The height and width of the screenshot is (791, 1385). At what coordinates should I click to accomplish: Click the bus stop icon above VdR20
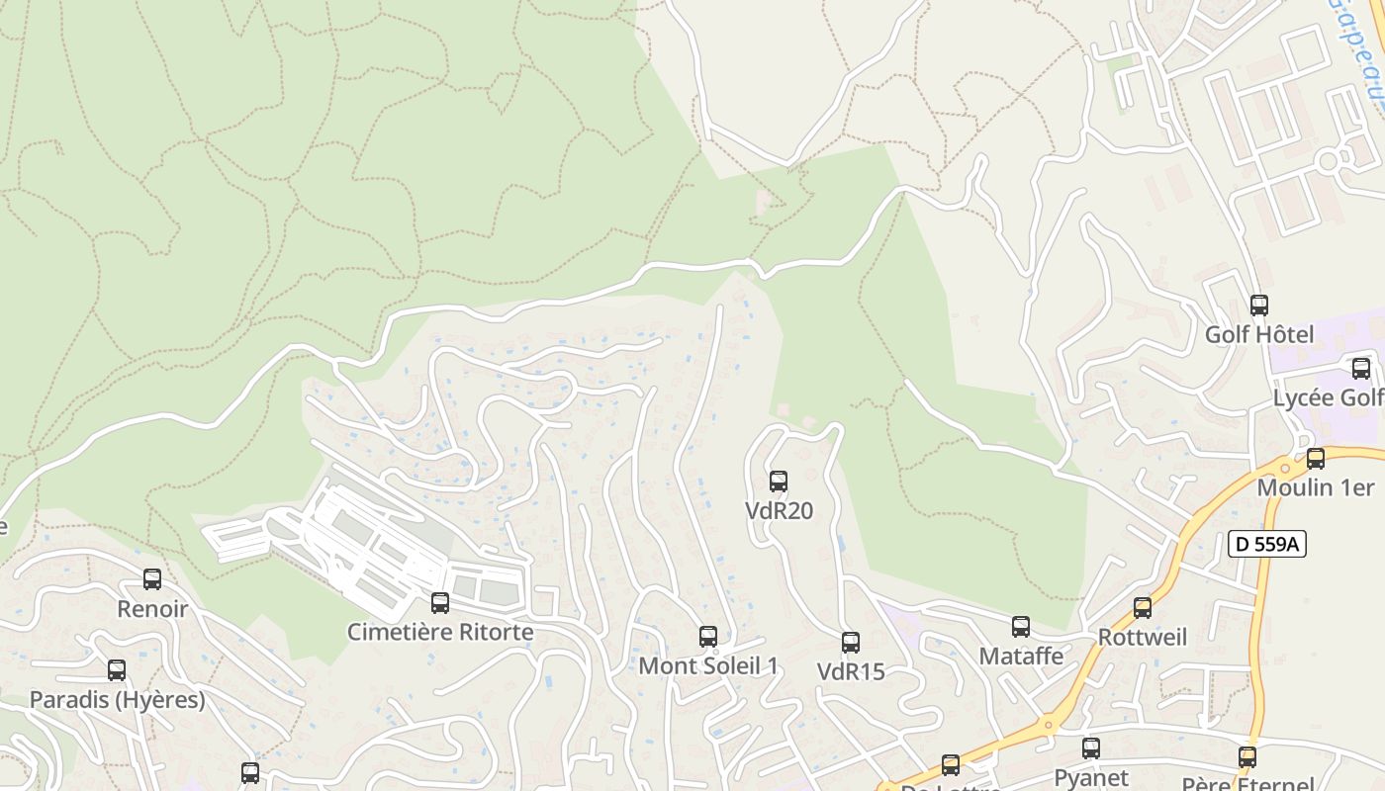click(779, 482)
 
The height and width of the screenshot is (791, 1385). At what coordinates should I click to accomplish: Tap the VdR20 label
click(779, 511)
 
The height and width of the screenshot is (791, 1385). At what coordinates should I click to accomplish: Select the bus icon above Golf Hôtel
click(1259, 306)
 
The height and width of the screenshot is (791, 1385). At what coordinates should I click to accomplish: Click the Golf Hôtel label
click(1259, 335)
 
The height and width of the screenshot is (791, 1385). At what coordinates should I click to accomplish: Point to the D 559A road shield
click(1267, 544)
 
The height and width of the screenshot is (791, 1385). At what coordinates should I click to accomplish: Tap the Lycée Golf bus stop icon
click(1361, 369)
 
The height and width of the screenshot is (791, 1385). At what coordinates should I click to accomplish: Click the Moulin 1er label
click(1315, 487)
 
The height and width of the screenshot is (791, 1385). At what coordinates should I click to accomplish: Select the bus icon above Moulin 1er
click(1315, 459)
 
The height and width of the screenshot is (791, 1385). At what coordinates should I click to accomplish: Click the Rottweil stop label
click(1143, 637)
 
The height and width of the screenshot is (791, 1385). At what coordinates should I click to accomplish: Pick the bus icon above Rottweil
click(1143, 608)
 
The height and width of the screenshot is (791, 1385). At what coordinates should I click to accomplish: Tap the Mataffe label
click(1021, 656)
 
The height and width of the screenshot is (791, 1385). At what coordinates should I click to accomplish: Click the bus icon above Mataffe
click(1021, 626)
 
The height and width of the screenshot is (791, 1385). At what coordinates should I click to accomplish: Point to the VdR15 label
click(851, 671)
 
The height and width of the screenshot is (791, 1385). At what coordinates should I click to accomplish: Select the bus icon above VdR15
click(851, 643)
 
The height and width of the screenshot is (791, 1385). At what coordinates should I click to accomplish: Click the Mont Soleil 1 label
click(708, 665)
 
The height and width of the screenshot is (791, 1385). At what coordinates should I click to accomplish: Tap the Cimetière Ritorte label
click(440, 632)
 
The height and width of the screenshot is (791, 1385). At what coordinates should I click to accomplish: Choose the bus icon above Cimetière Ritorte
click(440, 602)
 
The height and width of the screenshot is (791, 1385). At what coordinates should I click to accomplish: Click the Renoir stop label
click(152, 608)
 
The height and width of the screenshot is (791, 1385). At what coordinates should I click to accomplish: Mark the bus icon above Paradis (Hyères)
click(117, 670)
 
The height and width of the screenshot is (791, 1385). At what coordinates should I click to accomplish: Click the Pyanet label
click(1091, 777)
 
